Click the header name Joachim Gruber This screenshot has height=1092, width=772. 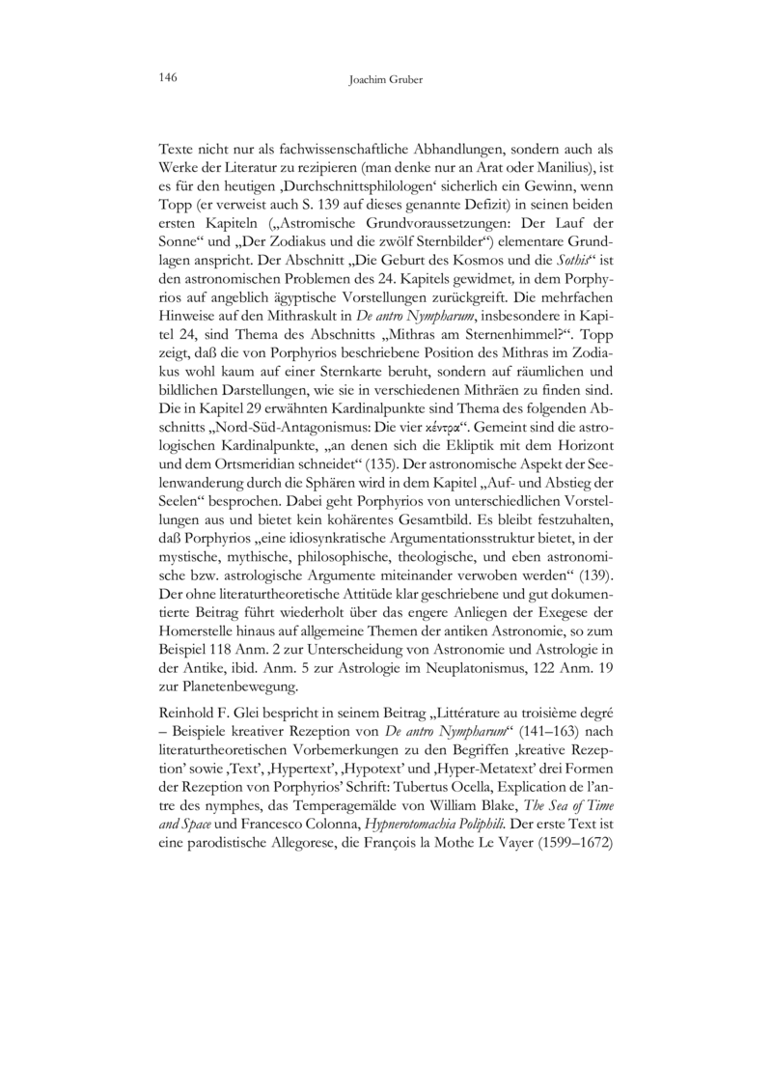[x=386, y=83]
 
